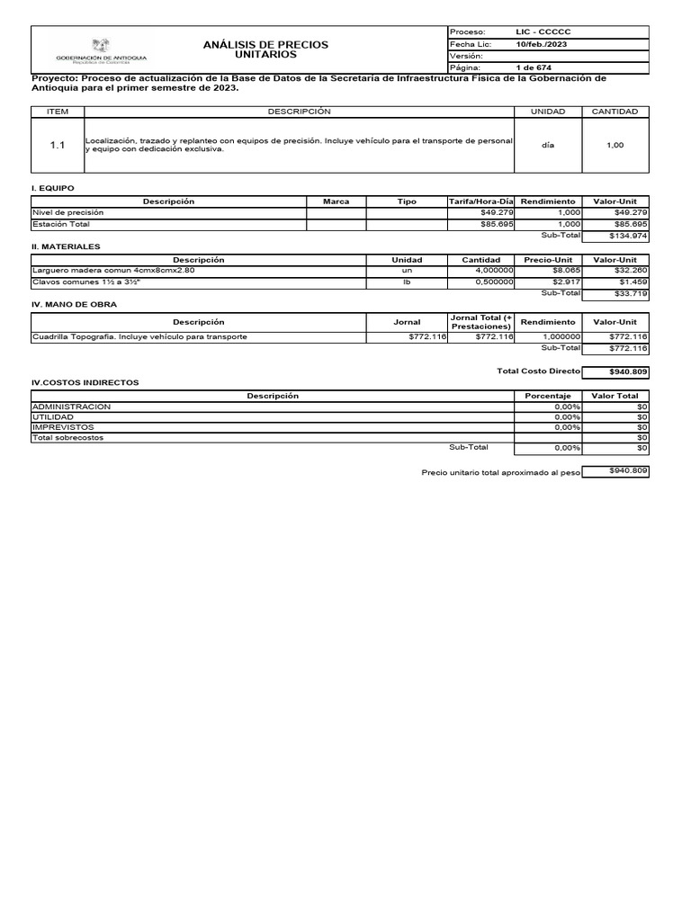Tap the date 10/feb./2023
(541, 44)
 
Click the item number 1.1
(57, 145)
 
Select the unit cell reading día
(548, 145)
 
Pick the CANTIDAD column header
(615, 112)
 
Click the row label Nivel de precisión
(68, 212)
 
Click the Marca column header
(336, 201)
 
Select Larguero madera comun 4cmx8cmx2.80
(113, 270)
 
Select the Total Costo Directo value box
(615, 371)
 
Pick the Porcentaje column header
(548, 396)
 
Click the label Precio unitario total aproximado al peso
(500, 472)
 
